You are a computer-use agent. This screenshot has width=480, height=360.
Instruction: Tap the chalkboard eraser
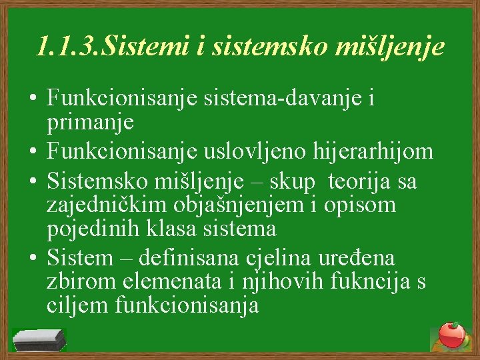pyautogui.click(x=39, y=339)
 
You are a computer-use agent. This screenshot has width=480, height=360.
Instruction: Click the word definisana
pyautogui.click(x=195, y=257)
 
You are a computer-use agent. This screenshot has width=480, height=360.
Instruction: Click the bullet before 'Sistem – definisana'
pyautogui.click(x=31, y=258)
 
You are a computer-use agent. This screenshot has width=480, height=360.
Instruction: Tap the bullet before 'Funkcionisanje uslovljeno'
pyautogui.click(x=31, y=152)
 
